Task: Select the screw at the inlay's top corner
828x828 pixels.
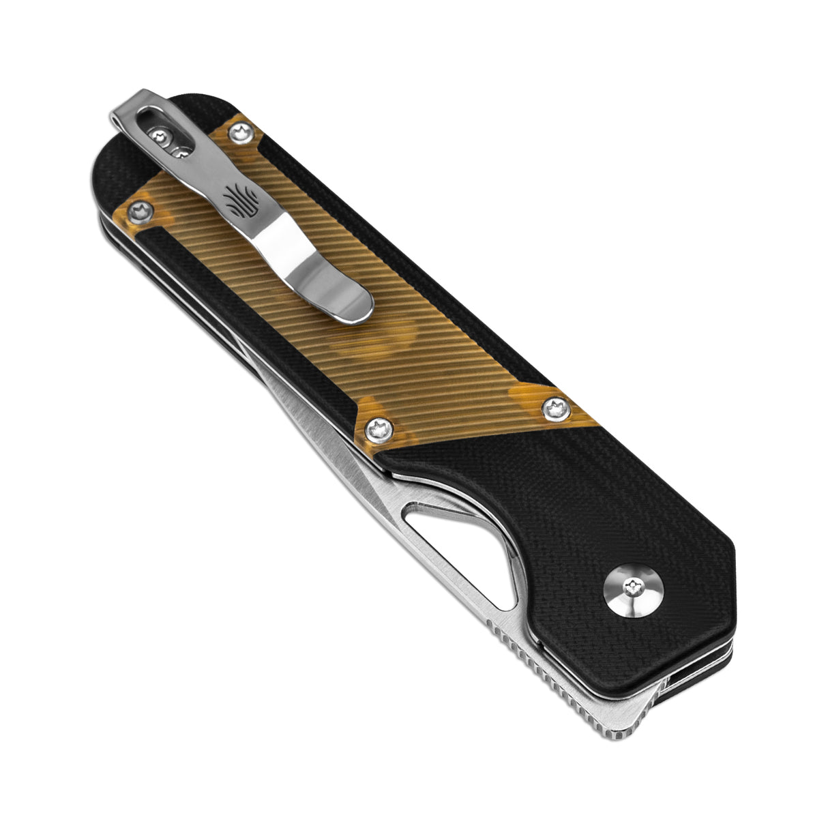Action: tap(240, 132)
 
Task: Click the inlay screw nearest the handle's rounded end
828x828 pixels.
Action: tap(142, 211)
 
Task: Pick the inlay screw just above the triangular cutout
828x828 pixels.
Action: tap(377, 430)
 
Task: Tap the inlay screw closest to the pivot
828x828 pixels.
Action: tap(554, 409)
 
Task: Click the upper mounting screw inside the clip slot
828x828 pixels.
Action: tap(162, 138)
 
